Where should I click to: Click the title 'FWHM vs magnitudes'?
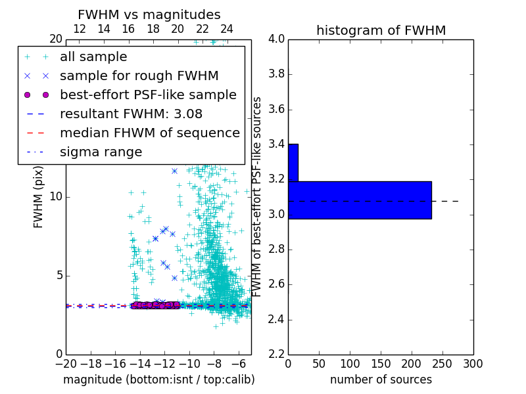(x=149, y=14)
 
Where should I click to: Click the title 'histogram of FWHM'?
(x=381, y=30)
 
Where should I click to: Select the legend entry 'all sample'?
(x=93, y=57)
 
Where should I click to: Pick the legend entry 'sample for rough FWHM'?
(x=139, y=76)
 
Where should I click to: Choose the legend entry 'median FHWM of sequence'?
(x=149, y=133)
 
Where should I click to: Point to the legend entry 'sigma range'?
(x=101, y=152)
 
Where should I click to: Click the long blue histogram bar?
(x=360, y=200)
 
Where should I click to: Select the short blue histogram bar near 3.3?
(x=293, y=162)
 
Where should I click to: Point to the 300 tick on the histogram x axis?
(x=473, y=364)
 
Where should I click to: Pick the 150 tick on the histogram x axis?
(x=381, y=364)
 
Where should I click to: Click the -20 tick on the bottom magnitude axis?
(x=66, y=364)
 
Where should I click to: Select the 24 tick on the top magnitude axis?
(x=227, y=29)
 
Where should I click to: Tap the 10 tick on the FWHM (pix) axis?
(x=57, y=197)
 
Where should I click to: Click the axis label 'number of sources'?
(x=381, y=380)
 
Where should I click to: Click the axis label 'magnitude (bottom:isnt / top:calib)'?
(x=158, y=380)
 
